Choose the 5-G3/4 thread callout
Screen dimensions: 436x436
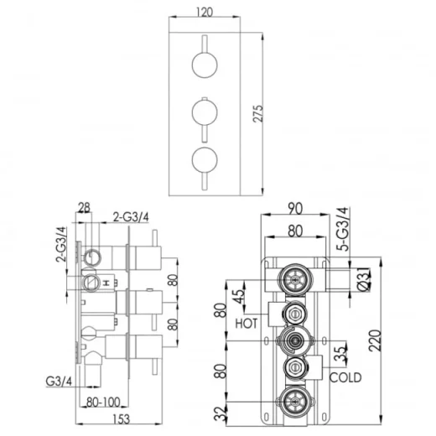[342, 231]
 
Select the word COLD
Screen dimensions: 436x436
[345, 378]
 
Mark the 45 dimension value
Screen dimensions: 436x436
[241, 295]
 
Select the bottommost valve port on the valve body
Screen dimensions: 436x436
[293, 399]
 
